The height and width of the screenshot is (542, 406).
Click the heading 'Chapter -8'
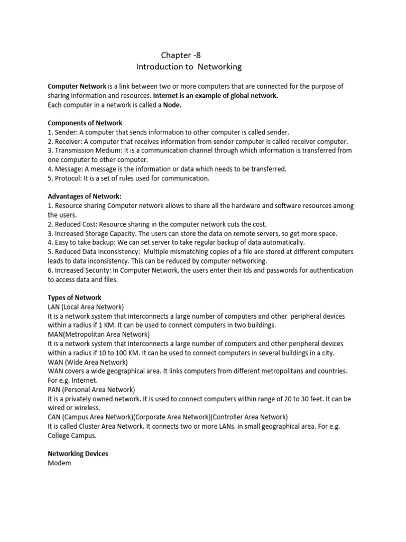(x=181, y=55)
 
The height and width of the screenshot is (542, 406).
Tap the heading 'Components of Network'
(x=85, y=123)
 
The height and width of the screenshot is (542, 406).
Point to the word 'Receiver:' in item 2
(x=70, y=141)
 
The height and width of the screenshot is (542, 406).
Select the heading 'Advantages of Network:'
(x=85, y=196)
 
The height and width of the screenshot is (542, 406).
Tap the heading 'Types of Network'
(x=75, y=297)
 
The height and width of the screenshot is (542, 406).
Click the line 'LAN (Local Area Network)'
(x=86, y=307)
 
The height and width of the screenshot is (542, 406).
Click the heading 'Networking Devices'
(x=78, y=454)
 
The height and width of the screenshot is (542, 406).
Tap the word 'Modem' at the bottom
(x=59, y=463)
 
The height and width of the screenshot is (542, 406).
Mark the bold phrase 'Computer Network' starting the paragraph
(x=77, y=86)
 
